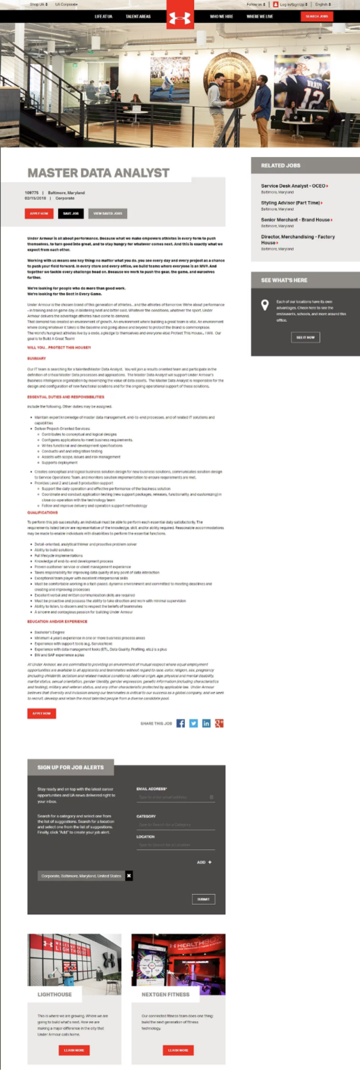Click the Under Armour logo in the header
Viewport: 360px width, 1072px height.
[180, 14]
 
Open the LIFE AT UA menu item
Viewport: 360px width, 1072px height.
[103, 15]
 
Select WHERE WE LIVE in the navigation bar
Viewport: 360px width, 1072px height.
[260, 15]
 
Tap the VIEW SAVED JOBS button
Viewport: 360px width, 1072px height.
[107, 213]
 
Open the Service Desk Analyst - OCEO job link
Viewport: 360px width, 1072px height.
[294, 186]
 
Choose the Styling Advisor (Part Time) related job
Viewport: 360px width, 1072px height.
[291, 202]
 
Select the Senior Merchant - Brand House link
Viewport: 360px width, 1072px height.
[295, 219]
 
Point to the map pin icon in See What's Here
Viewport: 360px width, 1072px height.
[264, 305]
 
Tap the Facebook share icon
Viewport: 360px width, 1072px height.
[181, 723]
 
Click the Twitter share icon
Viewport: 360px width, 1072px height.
[193, 723]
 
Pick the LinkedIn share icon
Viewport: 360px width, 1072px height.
[207, 723]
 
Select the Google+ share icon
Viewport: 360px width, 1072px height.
[219, 723]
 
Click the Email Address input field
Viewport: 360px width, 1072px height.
[174, 796]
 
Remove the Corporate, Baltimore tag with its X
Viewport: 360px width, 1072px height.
[129, 875]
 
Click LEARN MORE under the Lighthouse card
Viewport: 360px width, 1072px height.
[74, 1050]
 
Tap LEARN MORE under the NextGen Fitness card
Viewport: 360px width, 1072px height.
[178, 1050]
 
